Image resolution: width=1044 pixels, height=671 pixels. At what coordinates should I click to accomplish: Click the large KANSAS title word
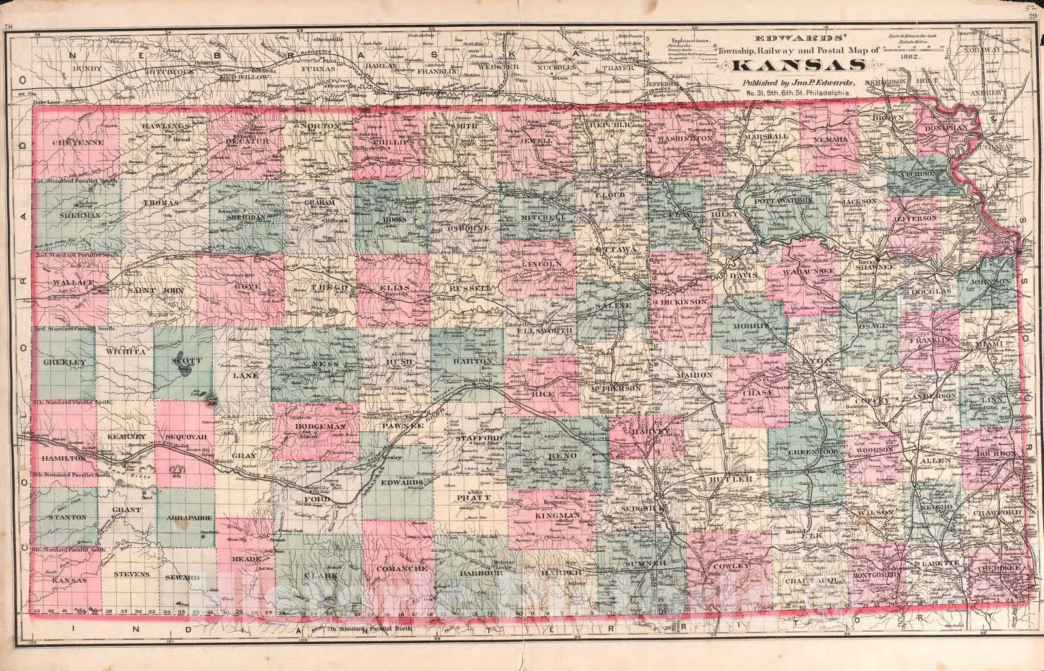799,65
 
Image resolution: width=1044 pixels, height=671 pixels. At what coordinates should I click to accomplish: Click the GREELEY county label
65,362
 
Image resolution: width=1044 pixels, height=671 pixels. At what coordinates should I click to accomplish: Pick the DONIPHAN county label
944,129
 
